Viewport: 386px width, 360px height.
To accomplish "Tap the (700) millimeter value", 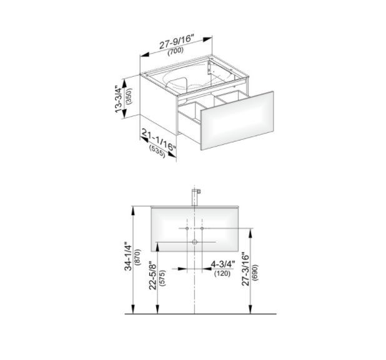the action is pos(176,51).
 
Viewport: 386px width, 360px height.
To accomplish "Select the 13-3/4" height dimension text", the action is pos(119,99).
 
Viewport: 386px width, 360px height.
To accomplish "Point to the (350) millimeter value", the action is pos(129,96).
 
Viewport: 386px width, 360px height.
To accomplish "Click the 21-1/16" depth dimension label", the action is pos(159,140).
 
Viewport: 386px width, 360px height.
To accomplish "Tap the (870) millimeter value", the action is pos(138,257).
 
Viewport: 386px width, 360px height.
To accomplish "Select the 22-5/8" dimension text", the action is pos(153,276).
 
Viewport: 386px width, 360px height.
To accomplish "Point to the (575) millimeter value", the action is pos(162,278).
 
